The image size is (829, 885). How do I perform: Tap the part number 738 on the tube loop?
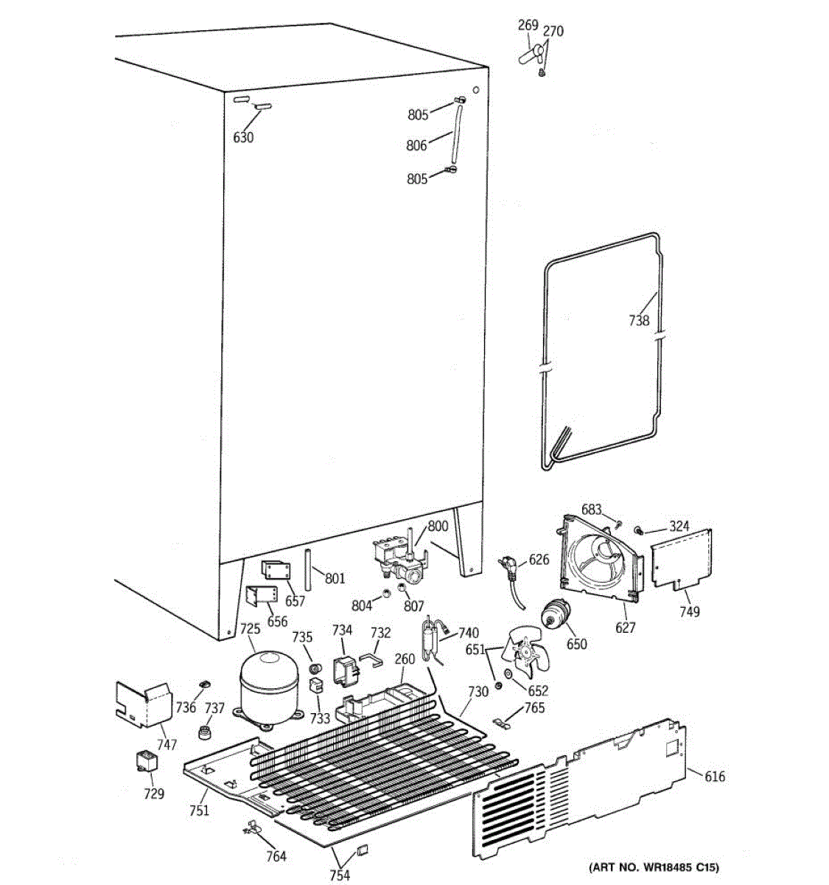pos(639,320)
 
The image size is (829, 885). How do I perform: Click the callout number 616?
pos(714,776)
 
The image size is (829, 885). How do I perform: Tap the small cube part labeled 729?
pos(146,760)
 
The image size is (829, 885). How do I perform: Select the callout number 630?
pos(243,137)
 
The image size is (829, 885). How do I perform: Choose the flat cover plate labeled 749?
pos(682,558)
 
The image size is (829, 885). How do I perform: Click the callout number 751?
pos(199,811)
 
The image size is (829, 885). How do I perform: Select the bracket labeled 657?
pos(271,570)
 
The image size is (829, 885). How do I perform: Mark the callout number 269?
pos(528,26)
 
